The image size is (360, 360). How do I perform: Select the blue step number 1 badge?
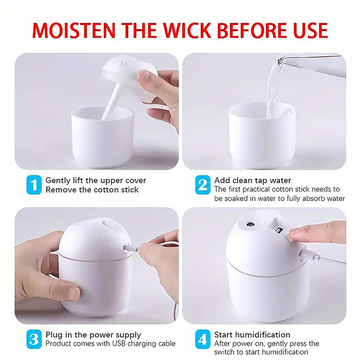[x=34, y=185]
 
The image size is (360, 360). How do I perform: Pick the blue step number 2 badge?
[x=203, y=185]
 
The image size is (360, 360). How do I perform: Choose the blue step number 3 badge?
[x=34, y=339]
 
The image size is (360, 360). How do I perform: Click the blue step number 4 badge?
[x=203, y=339]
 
